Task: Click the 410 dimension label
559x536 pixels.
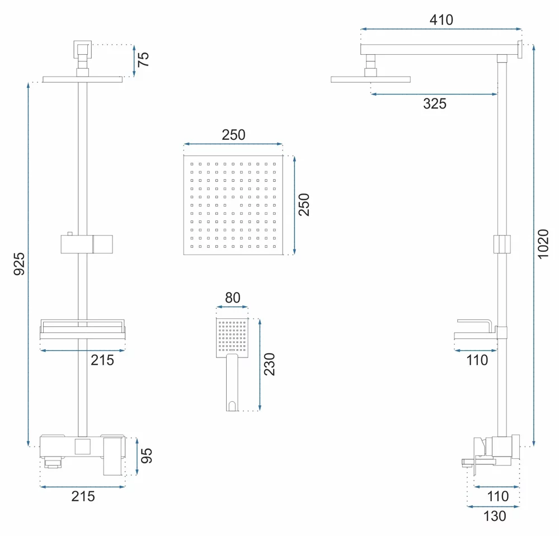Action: [441, 20]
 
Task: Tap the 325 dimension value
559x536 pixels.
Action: [435, 104]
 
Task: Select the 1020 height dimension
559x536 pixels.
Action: [543, 244]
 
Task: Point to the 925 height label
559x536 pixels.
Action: [19, 264]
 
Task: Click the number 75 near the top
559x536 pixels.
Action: [143, 59]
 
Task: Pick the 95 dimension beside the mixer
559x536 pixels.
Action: [147, 456]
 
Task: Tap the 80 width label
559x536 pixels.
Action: [232, 298]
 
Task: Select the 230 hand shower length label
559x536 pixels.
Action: [270, 364]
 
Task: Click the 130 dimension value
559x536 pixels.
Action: [495, 516]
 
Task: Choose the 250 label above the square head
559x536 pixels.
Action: [233, 135]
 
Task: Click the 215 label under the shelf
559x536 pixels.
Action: [102, 360]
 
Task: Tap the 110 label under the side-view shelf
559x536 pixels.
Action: [477, 360]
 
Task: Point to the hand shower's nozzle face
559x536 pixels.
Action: [232, 337]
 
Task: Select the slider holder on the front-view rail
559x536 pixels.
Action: [87, 244]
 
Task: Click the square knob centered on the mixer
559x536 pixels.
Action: [82, 446]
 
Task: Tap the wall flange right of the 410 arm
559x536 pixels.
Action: [520, 49]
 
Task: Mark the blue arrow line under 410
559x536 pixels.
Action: [441, 29]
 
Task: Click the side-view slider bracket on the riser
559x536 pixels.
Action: [502, 244]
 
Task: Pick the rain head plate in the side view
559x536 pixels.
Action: [370, 79]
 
